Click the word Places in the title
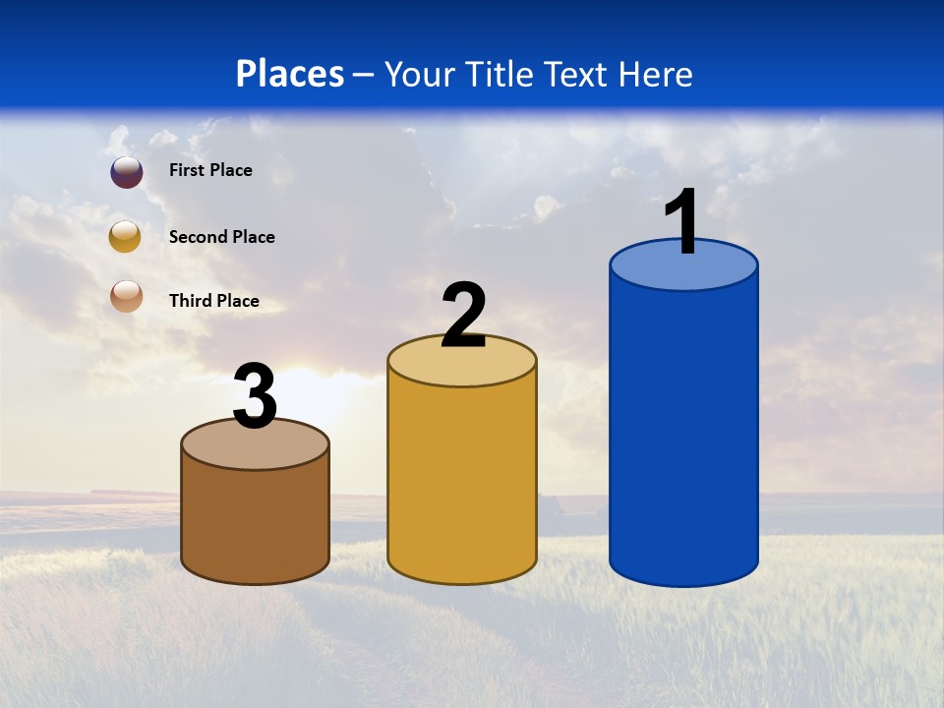[290, 74]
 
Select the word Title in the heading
[500, 74]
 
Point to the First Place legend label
[210, 170]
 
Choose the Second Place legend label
[221, 237]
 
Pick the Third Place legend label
[213, 301]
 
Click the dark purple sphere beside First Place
[127, 172]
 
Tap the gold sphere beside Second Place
[125, 236]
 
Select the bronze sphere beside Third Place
[126, 296]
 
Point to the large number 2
[463, 316]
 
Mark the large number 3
[255, 397]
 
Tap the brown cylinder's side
[255, 516]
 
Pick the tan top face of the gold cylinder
[462, 366]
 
